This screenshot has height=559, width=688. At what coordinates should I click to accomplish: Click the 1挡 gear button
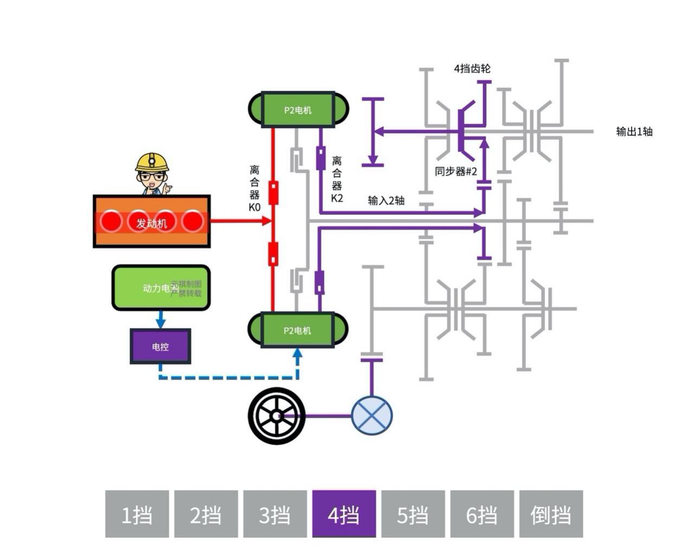(137, 514)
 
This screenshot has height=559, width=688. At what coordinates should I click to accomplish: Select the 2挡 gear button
(205, 514)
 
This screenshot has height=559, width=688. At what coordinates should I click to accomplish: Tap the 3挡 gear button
(274, 514)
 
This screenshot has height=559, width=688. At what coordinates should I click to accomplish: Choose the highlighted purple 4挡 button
(344, 514)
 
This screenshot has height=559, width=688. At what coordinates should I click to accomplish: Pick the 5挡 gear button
(413, 514)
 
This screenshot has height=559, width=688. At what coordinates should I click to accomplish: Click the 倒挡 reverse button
(551, 514)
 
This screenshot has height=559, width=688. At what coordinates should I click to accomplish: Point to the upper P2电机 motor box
(298, 109)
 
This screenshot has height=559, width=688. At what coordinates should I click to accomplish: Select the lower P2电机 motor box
(298, 329)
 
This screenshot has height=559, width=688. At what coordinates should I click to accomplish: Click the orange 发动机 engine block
(152, 222)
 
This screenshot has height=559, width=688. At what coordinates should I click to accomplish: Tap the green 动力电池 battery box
(160, 288)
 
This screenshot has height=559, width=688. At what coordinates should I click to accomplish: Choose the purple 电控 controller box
(160, 346)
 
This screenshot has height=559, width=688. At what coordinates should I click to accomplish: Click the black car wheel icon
(277, 416)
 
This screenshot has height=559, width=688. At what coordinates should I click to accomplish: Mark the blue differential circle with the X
(371, 416)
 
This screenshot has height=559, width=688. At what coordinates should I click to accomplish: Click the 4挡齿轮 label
(472, 69)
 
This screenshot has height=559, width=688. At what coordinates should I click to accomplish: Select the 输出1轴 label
(634, 132)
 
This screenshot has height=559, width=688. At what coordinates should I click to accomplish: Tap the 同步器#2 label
(455, 172)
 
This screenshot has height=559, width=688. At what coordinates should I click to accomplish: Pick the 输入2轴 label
(386, 200)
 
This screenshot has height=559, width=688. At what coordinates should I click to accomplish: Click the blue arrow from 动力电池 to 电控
(160, 319)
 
